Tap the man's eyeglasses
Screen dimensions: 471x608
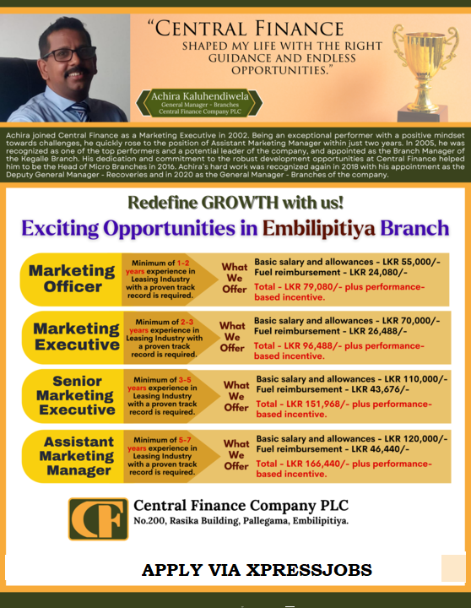[70, 54]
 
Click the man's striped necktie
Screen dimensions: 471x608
[80, 111]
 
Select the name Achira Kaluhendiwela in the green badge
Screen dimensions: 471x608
[200, 96]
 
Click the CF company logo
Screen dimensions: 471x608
[98, 518]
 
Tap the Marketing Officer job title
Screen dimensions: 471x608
[72, 279]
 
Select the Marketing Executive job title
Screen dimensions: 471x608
[76, 336]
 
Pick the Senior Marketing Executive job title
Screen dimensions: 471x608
[76, 395]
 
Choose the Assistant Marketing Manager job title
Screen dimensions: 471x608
[78, 456]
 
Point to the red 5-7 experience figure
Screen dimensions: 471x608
[185, 440]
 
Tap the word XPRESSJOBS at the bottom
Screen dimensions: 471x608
[309, 570]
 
